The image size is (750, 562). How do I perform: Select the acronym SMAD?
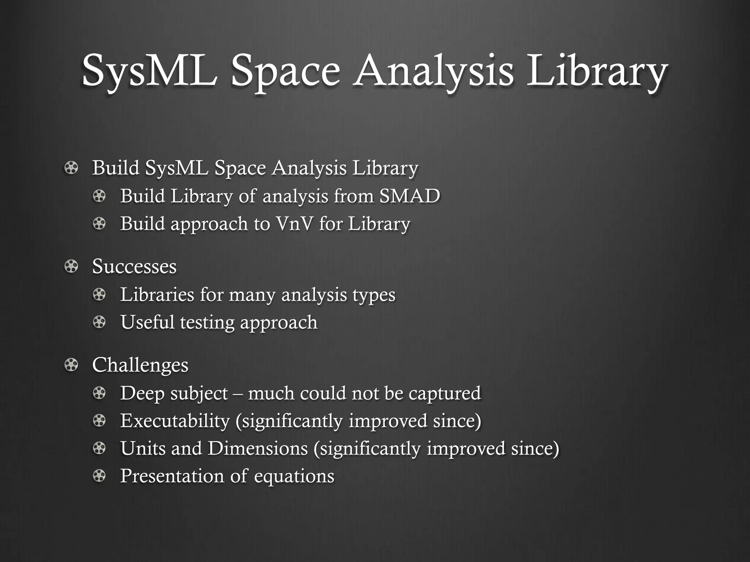409,196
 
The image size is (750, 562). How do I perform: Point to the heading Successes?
134,266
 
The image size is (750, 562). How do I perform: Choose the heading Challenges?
140,365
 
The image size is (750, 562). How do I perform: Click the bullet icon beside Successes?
71,266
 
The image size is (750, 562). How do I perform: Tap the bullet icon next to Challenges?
71,365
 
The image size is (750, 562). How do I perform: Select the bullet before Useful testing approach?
99,322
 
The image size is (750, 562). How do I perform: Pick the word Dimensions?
258,448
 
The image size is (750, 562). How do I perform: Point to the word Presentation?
172,476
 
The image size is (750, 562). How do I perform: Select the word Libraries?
157,294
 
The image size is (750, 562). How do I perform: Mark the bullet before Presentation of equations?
99,476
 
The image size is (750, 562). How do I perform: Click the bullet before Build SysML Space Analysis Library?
71,168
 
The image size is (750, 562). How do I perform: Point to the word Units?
143,448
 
